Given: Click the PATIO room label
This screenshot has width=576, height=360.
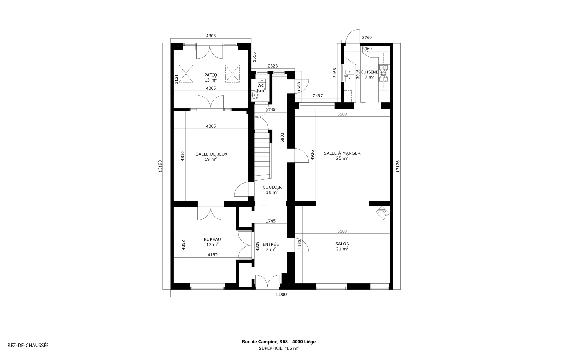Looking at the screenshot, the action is (x=211, y=75).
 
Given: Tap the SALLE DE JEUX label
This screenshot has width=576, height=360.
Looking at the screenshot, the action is (x=211, y=154).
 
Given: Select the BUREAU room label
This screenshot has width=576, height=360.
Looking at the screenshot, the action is (x=212, y=239).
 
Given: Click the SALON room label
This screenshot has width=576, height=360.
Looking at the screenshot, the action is (x=342, y=244).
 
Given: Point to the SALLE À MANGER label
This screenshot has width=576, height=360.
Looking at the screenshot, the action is (x=342, y=153).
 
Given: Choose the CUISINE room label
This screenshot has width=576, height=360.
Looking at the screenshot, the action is (x=369, y=72).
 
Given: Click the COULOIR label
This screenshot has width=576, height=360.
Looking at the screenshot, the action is (x=272, y=187).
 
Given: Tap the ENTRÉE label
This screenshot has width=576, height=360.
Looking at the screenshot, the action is (x=271, y=244).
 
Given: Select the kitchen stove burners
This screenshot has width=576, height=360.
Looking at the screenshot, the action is (x=384, y=73).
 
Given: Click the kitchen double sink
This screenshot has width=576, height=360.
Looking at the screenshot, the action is (x=350, y=74).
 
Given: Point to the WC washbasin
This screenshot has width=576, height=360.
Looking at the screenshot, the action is (x=254, y=95).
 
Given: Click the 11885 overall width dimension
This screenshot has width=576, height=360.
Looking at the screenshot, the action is (x=281, y=295).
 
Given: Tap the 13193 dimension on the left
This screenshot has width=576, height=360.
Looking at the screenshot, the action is (x=160, y=166).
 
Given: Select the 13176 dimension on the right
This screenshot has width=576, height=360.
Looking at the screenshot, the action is (x=398, y=166).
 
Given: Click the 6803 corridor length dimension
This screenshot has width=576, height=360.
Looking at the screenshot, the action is (x=282, y=137).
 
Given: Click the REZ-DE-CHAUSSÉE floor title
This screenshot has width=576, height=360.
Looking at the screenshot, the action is (x=28, y=345).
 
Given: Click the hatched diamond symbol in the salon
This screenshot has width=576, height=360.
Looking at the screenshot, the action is (x=383, y=213).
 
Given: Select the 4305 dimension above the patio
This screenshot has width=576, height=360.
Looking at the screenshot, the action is (x=211, y=36).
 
